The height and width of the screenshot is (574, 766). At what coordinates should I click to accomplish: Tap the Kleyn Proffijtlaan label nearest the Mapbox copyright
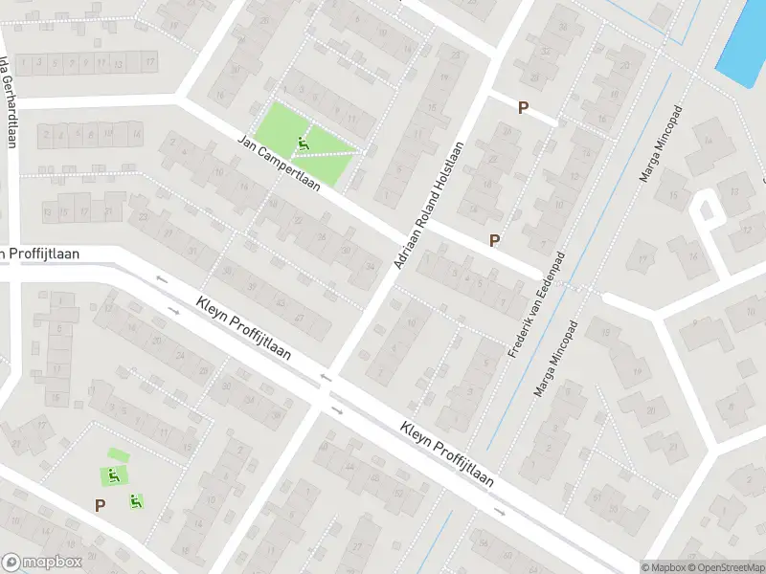coord(447,454)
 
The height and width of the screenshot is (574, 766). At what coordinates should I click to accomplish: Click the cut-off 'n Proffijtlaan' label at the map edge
coord(39,254)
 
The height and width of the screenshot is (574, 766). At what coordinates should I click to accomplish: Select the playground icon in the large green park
coord(304,145)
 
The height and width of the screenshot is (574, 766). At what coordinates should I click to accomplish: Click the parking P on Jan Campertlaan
coord(494,241)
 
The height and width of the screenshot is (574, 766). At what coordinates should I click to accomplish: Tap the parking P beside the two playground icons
coord(99,505)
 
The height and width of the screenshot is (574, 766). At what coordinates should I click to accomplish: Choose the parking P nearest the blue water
coord(523,108)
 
